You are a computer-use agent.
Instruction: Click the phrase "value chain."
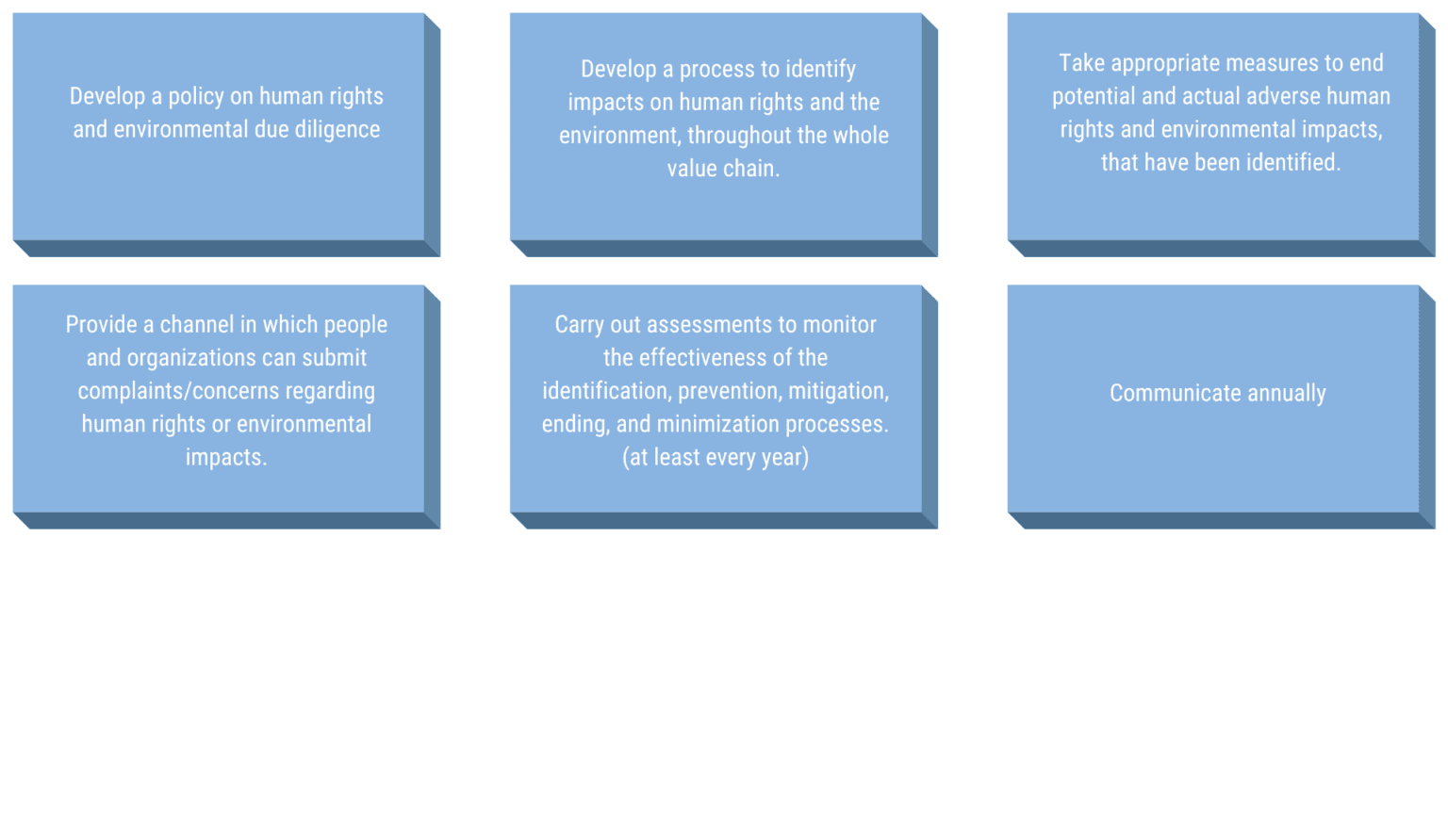coord(723,169)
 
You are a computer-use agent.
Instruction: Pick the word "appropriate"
coord(1166,64)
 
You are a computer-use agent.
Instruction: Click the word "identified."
coord(1293,163)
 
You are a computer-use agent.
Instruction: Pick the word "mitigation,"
coord(838,391)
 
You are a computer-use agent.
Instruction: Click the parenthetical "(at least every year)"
coord(716,458)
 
